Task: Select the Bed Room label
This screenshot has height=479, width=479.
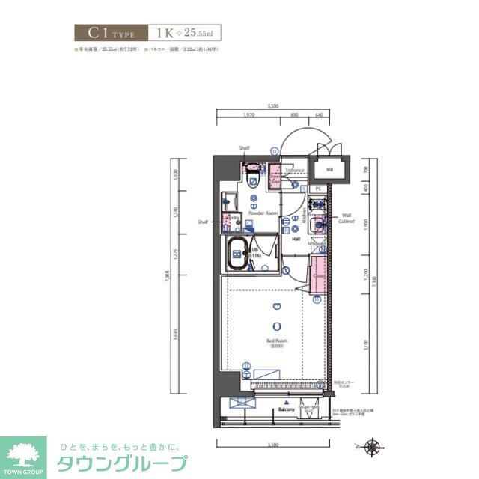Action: click(x=277, y=344)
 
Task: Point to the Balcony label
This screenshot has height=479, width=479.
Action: click(x=286, y=410)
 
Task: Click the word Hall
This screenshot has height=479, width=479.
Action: click(x=296, y=239)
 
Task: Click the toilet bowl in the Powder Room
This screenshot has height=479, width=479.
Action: click(x=253, y=179)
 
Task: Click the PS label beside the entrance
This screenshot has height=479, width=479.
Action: click(x=317, y=189)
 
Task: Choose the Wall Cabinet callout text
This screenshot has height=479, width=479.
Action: click(x=346, y=217)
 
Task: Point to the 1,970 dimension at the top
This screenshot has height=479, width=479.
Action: click(x=250, y=115)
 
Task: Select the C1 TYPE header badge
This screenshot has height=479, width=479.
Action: click(x=109, y=33)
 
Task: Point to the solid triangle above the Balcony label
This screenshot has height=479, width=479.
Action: click(x=286, y=402)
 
